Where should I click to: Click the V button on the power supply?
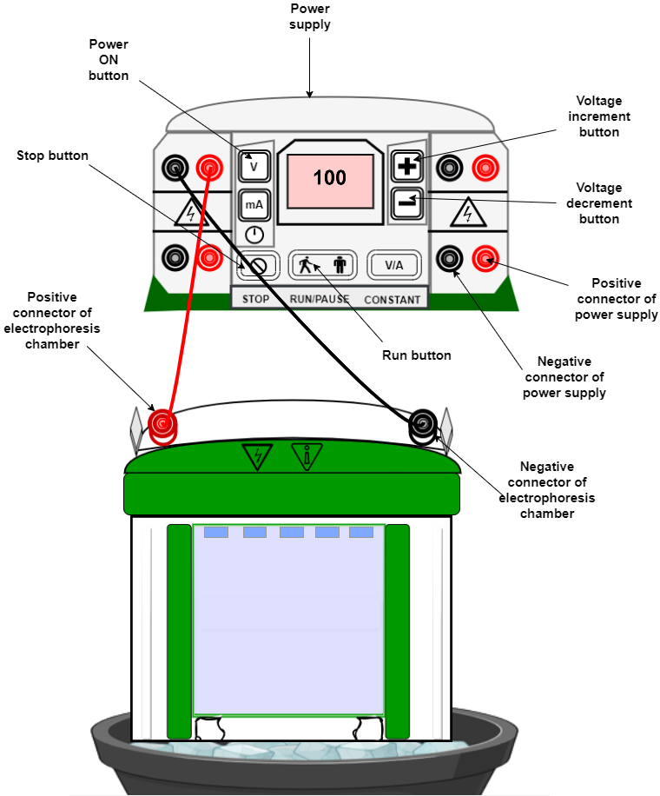point(254,166)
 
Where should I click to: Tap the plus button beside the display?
point(406,166)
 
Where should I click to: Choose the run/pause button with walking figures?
point(322,265)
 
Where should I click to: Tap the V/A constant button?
point(393,265)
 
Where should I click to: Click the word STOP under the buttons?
point(255,300)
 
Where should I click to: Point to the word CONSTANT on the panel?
point(393,300)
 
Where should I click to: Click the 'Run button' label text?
point(417,355)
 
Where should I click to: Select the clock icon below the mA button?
point(254,235)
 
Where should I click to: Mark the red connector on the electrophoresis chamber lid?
point(162,424)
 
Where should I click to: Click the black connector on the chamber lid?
point(422,424)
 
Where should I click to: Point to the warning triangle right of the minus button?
point(467,213)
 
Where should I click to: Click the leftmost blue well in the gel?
point(216,532)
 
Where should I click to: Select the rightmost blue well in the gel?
point(361,532)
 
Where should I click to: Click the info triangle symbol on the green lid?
point(307,456)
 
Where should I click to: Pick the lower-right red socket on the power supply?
point(485,258)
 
